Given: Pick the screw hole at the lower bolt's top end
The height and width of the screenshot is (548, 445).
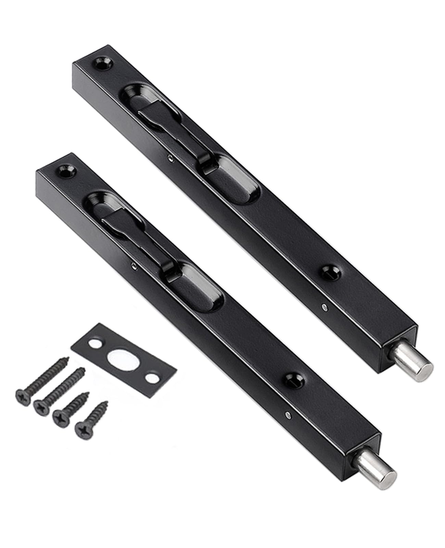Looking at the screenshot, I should [x=66, y=170].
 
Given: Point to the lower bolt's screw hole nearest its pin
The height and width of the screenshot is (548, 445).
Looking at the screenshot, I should [x=294, y=379].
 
